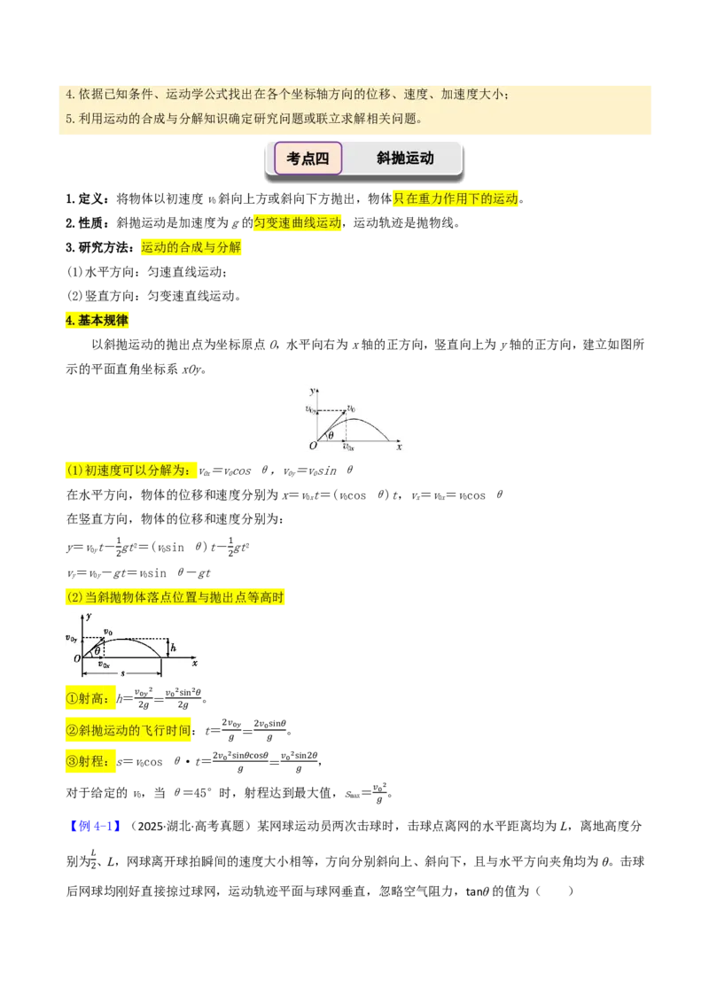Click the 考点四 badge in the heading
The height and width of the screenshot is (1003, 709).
coord(308,158)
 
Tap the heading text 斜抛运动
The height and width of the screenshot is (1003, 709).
coord(405,158)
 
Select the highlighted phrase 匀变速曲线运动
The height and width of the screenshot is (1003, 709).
coord(298,222)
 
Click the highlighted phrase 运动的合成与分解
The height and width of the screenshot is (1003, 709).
coord(191,247)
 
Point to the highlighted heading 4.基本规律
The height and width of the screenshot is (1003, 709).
coord(97,320)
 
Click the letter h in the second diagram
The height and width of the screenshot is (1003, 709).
coord(173,648)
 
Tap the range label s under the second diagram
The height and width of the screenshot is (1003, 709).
coord(123,673)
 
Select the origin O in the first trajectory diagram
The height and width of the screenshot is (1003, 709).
coord(313,445)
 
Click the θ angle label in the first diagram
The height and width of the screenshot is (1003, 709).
coord(331,436)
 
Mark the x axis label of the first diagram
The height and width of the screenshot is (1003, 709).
coord(400,447)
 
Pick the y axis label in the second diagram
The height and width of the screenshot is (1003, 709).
coord(89,616)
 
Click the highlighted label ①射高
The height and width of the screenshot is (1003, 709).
coord(90,698)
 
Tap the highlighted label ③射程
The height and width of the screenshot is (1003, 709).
coord(90,761)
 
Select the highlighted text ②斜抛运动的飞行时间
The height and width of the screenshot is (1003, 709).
coord(129,730)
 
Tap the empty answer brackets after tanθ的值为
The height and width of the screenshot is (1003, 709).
coord(554,891)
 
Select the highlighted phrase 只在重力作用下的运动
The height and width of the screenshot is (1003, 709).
coord(456,198)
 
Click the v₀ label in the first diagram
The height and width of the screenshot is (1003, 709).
coord(351,408)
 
